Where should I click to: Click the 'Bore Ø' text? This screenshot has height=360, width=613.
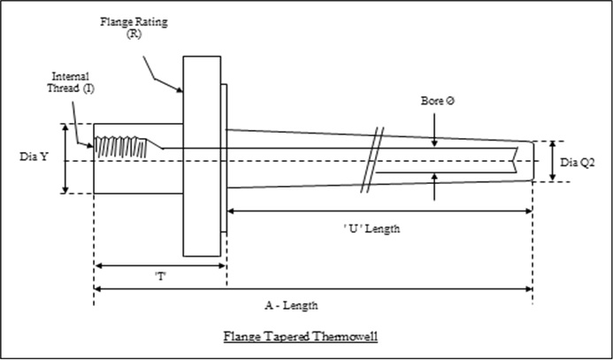pyautogui.click(x=437, y=103)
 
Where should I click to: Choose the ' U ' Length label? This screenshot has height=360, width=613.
pyautogui.click(x=372, y=228)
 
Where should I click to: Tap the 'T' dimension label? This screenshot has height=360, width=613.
pyautogui.click(x=161, y=277)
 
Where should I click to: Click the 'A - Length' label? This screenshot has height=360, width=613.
pyautogui.click(x=291, y=304)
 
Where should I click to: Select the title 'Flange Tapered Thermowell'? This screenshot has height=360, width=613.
pyautogui.click(x=302, y=336)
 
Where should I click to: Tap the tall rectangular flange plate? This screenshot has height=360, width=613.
pyautogui.click(x=202, y=156)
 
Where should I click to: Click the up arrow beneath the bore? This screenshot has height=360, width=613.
pyautogui.click(x=434, y=184)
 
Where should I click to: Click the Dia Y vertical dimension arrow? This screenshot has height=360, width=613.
pyautogui.click(x=65, y=157)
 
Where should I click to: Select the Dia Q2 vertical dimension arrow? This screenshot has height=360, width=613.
pyautogui.click(x=553, y=161)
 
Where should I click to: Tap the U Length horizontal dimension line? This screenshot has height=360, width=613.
pyautogui.click(x=379, y=211)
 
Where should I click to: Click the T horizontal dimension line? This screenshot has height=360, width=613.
pyautogui.click(x=160, y=264)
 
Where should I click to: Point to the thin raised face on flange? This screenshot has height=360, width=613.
pyautogui.click(x=224, y=158)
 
